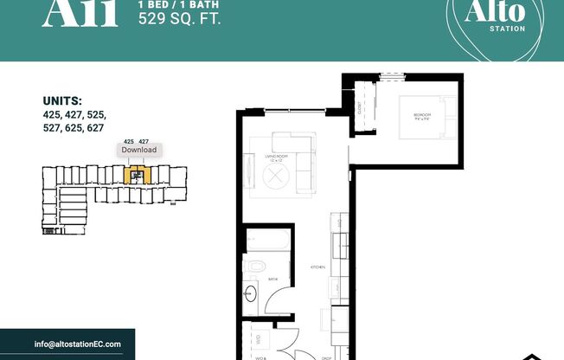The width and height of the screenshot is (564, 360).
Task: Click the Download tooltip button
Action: coord(138,150)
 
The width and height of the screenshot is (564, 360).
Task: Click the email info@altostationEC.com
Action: coord(78,344)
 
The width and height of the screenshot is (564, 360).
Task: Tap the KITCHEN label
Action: coord(317,268)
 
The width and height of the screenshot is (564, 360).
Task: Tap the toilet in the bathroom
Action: coord(258,265)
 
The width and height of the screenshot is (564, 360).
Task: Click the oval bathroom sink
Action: coord(253,292)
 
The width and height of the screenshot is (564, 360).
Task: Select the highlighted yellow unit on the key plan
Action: coord(135,176)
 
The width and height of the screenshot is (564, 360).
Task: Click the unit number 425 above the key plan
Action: coord(129,140)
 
